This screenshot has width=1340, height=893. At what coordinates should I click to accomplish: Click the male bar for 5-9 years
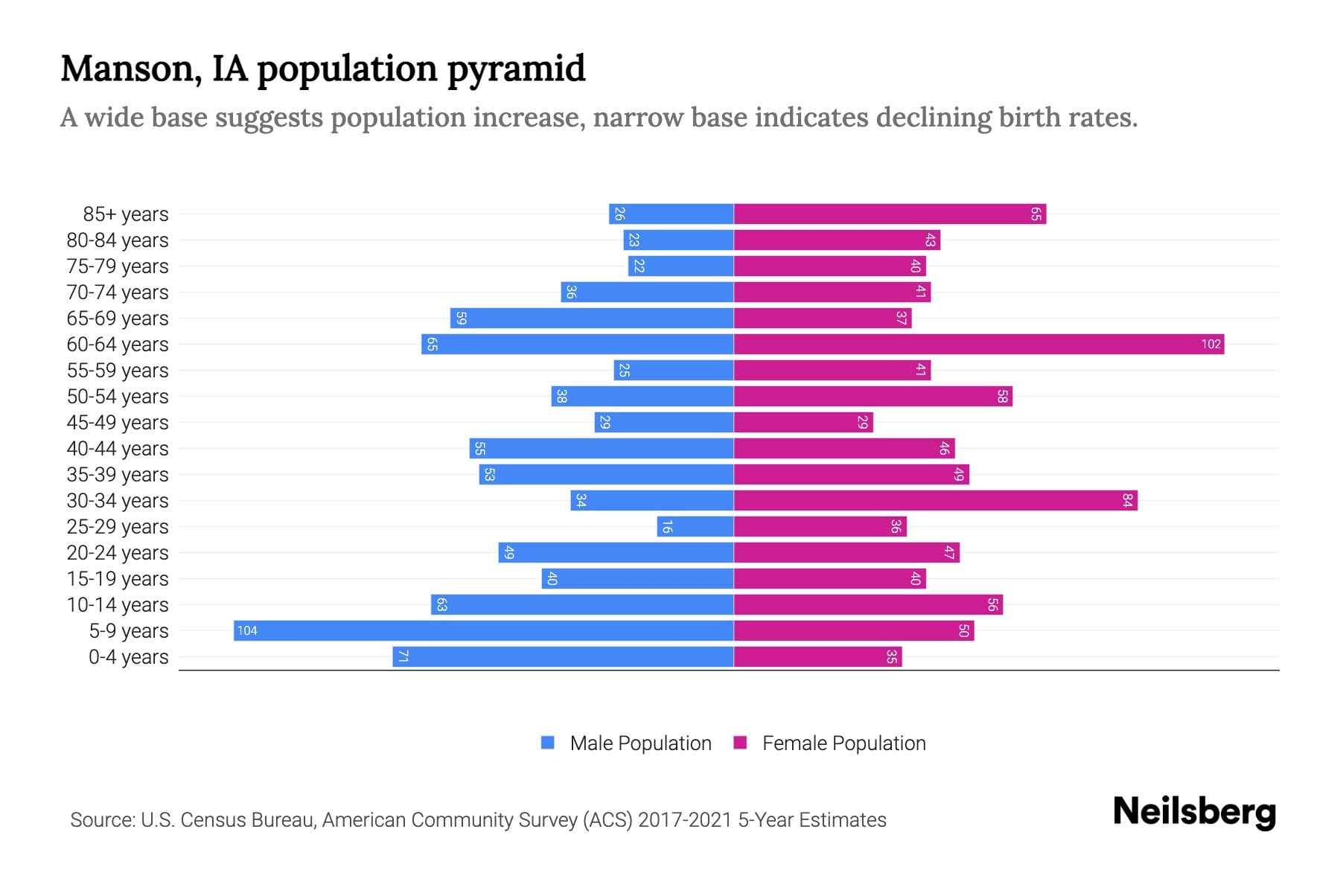(x=484, y=630)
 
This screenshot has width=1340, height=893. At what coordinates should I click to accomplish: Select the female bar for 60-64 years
(x=979, y=344)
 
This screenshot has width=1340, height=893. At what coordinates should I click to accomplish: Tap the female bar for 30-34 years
(x=935, y=500)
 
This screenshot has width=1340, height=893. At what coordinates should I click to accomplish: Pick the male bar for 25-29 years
(x=695, y=526)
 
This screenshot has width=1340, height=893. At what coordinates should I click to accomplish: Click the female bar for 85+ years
(x=890, y=214)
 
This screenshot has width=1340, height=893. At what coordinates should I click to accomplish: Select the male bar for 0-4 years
(x=563, y=656)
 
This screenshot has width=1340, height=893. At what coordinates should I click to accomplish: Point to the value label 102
(x=1210, y=344)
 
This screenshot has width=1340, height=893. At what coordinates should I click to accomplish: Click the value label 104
(x=247, y=630)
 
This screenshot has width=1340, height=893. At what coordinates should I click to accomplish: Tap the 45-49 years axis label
(x=118, y=423)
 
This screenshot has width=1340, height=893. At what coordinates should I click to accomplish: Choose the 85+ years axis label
(x=126, y=214)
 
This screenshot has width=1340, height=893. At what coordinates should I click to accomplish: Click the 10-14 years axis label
(x=118, y=605)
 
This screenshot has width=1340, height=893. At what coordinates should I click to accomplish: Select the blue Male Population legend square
(x=548, y=743)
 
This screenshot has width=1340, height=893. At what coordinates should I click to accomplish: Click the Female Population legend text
(x=843, y=743)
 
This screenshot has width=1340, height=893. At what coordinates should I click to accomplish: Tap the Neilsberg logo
(x=1194, y=812)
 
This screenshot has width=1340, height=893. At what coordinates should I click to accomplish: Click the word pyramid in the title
(x=516, y=69)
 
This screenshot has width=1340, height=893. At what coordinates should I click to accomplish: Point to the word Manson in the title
(x=132, y=68)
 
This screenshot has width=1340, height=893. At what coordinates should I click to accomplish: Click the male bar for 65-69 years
(x=592, y=318)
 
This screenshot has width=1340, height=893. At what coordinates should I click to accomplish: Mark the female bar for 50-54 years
(x=872, y=396)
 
